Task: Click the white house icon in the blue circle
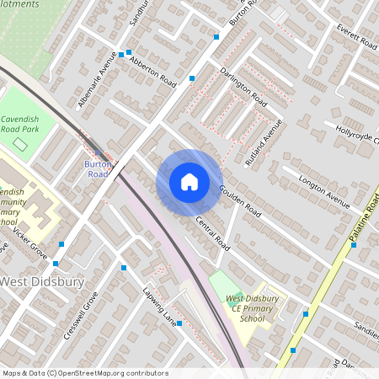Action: [x=189, y=182]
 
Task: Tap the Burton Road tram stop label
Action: [x=97, y=168]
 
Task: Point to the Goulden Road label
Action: [x=240, y=200]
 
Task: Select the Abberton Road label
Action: [x=154, y=73]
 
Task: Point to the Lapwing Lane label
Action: [x=160, y=307]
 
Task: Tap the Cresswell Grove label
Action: [x=81, y=315]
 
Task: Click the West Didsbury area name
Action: [x=42, y=281]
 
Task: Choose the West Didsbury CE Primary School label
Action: [x=252, y=308]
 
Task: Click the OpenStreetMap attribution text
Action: [x=84, y=373]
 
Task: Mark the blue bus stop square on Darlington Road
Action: [x=193, y=78]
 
